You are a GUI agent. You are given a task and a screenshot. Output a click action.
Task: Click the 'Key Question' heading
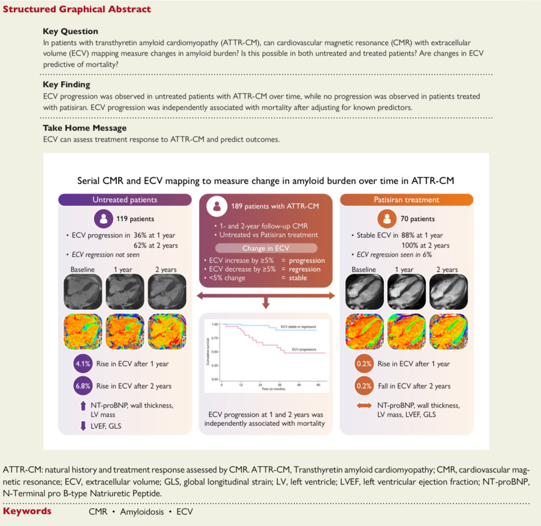click(70, 31)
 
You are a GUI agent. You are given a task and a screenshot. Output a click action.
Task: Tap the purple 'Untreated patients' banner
click(124, 199)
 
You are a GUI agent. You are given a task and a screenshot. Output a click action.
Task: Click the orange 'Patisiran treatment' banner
click(406, 199)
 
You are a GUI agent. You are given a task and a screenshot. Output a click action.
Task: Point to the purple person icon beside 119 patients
click(103, 219)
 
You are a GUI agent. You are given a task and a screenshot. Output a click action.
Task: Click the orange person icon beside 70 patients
click(387, 219)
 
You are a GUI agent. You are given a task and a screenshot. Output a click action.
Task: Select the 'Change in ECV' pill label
click(266, 248)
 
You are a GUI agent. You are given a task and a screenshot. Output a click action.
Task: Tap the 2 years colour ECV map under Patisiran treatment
click(449, 332)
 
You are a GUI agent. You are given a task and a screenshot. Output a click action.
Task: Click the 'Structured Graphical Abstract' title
click(77, 9)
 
